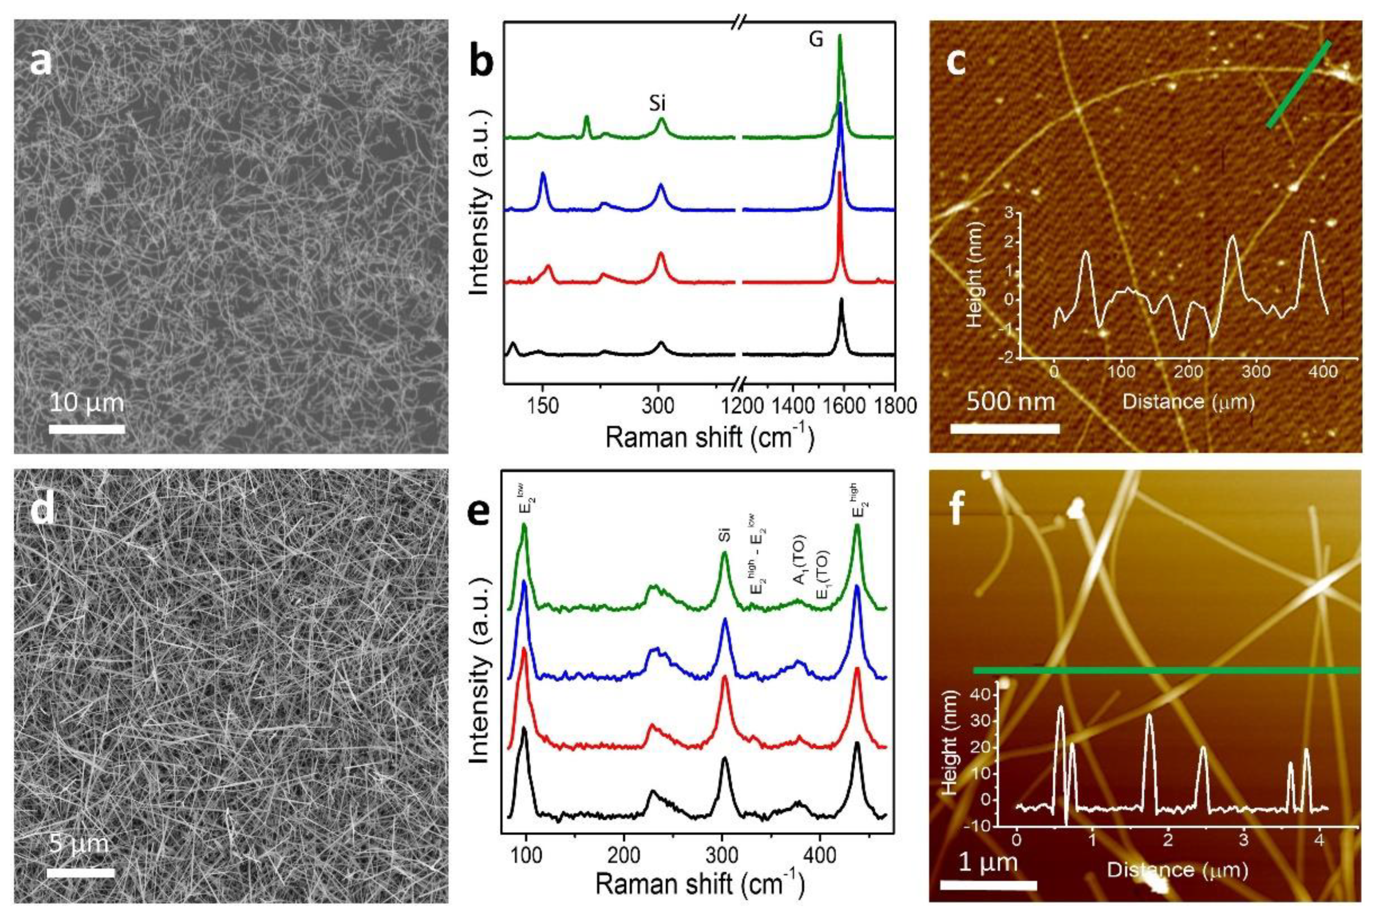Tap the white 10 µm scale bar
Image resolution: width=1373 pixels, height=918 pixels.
[x=87, y=429]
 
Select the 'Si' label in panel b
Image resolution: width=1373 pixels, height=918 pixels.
[x=657, y=104]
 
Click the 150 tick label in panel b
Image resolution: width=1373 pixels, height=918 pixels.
[x=543, y=405]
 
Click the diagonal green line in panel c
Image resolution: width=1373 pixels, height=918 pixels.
[x=1298, y=84]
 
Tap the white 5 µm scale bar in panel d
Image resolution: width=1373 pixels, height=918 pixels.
[x=81, y=872]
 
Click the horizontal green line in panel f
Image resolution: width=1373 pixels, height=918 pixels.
[x=1164, y=670]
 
